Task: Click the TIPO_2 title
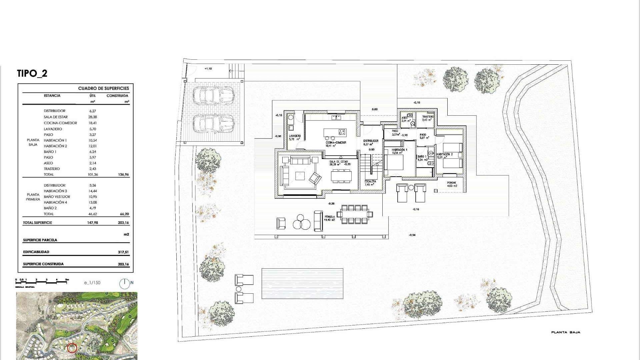coord(32,74)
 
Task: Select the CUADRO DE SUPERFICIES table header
coord(103,88)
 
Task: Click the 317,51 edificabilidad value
coord(123,252)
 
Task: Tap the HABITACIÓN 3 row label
coord(55,191)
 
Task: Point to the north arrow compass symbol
coord(124,283)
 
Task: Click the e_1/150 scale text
coord(92,283)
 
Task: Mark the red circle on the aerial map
coord(72,348)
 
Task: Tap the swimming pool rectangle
coord(302,283)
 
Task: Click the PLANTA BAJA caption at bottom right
coord(566,332)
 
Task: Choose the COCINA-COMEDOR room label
coord(336,143)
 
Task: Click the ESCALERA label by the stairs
coord(370,182)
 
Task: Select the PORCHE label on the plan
coord(452,183)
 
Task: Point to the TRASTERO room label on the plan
coord(428,117)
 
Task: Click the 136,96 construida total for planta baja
coord(123,175)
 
